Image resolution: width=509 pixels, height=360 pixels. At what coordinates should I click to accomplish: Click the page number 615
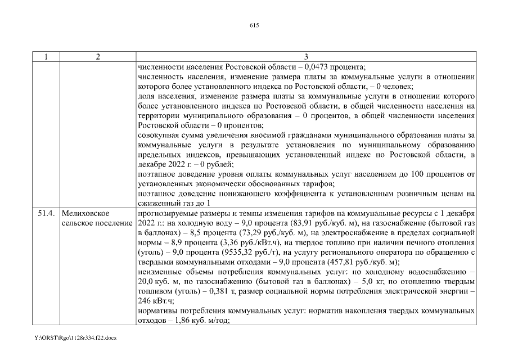[254, 25]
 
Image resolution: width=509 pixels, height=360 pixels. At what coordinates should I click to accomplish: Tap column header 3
[306, 57]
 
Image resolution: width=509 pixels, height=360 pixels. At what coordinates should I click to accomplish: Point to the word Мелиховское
[86, 214]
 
